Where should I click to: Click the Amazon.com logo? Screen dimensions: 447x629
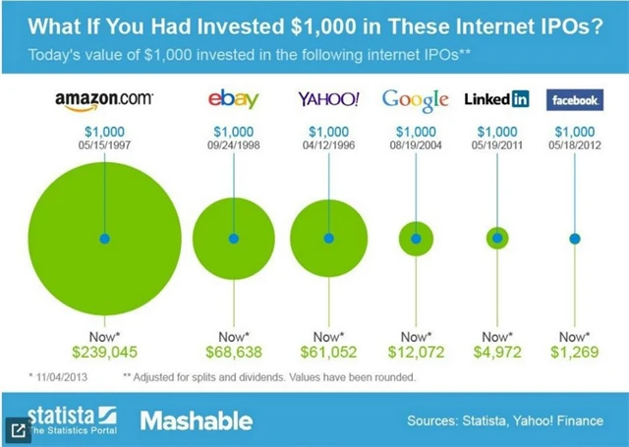[103, 99]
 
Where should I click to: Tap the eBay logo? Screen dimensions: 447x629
[233, 99]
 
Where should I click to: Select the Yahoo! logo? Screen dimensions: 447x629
[328, 99]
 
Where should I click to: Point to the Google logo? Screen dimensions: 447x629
[416, 99]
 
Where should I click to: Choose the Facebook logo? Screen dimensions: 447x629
[574, 99]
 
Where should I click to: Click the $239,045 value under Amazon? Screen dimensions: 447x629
[103, 351]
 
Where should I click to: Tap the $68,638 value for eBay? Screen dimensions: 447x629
[233, 351]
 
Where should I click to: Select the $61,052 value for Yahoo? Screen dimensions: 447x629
[328, 351]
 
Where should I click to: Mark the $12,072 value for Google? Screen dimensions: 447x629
[416, 351]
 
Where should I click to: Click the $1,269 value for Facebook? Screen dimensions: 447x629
[574, 351]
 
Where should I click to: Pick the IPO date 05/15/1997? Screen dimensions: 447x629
[103, 144]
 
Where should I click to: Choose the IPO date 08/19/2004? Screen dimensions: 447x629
[416, 144]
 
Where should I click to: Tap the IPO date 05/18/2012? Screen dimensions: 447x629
[574, 144]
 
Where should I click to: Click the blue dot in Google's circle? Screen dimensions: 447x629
[416, 238]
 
